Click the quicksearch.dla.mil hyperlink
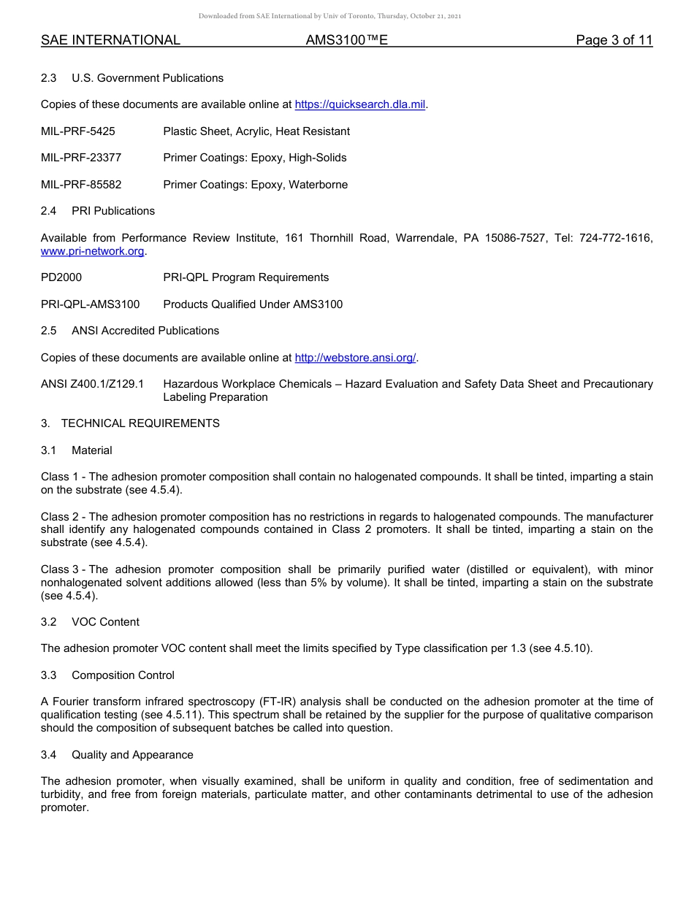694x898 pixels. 359,105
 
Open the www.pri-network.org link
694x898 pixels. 93,251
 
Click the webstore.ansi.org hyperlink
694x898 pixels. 355,358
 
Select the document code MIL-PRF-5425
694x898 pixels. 78,131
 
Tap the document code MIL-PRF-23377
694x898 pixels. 81,158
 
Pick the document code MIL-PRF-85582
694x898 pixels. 81,185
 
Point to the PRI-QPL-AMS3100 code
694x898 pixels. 90,304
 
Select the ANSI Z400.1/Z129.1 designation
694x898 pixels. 92,384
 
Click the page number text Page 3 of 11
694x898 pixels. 614,40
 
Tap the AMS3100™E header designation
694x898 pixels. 346,40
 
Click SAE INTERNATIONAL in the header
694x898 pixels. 110,40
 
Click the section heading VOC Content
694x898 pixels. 105,622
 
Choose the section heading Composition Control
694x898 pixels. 123,675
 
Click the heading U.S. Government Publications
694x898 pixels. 148,78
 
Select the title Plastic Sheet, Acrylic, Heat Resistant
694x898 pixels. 256,131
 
